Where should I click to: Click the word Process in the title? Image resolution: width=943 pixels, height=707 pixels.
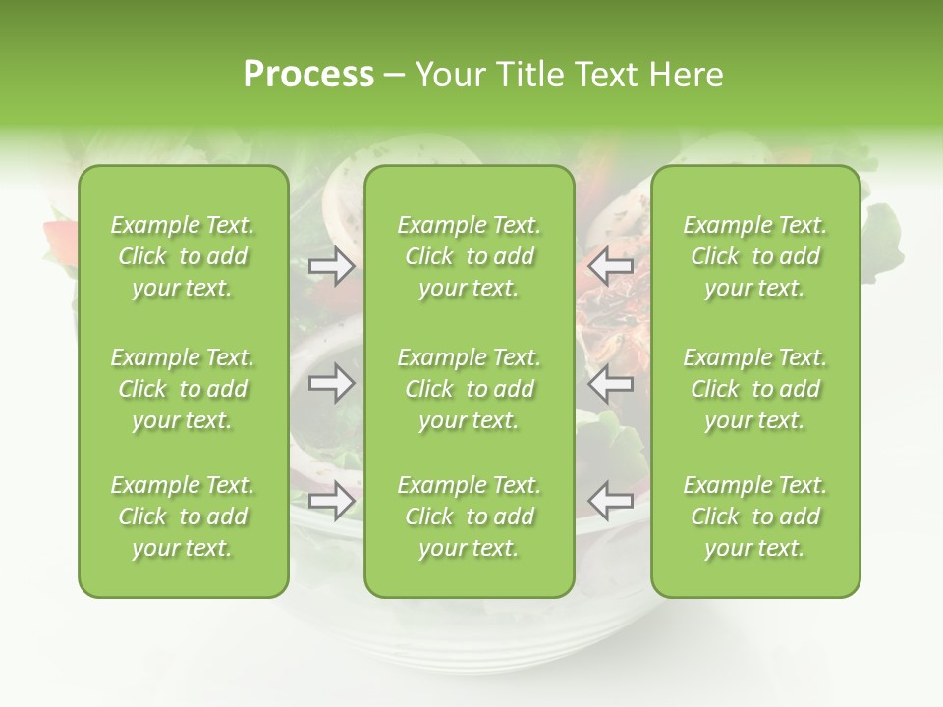click(308, 75)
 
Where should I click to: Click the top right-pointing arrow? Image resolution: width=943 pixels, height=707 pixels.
click(332, 265)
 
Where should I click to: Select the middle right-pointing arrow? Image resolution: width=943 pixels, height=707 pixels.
click(332, 383)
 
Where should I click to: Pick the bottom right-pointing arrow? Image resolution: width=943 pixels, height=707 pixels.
click(332, 501)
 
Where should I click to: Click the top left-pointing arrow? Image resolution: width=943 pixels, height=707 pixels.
click(611, 265)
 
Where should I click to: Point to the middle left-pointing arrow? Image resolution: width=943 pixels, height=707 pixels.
click(611, 383)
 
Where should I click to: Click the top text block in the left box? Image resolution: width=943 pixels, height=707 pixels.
click(183, 256)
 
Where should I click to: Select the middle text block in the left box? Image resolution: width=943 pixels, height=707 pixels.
click(183, 389)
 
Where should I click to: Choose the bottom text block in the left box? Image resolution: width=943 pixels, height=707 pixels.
click(183, 517)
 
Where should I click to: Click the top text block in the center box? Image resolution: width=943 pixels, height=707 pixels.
click(470, 256)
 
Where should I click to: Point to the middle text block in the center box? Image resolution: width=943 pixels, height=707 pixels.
click(470, 389)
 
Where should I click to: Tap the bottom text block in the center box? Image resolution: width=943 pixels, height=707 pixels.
click(470, 517)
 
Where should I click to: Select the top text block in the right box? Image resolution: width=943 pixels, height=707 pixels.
click(755, 256)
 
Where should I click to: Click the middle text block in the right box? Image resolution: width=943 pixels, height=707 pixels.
click(755, 389)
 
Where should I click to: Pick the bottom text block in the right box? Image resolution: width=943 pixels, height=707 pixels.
click(755, 517)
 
